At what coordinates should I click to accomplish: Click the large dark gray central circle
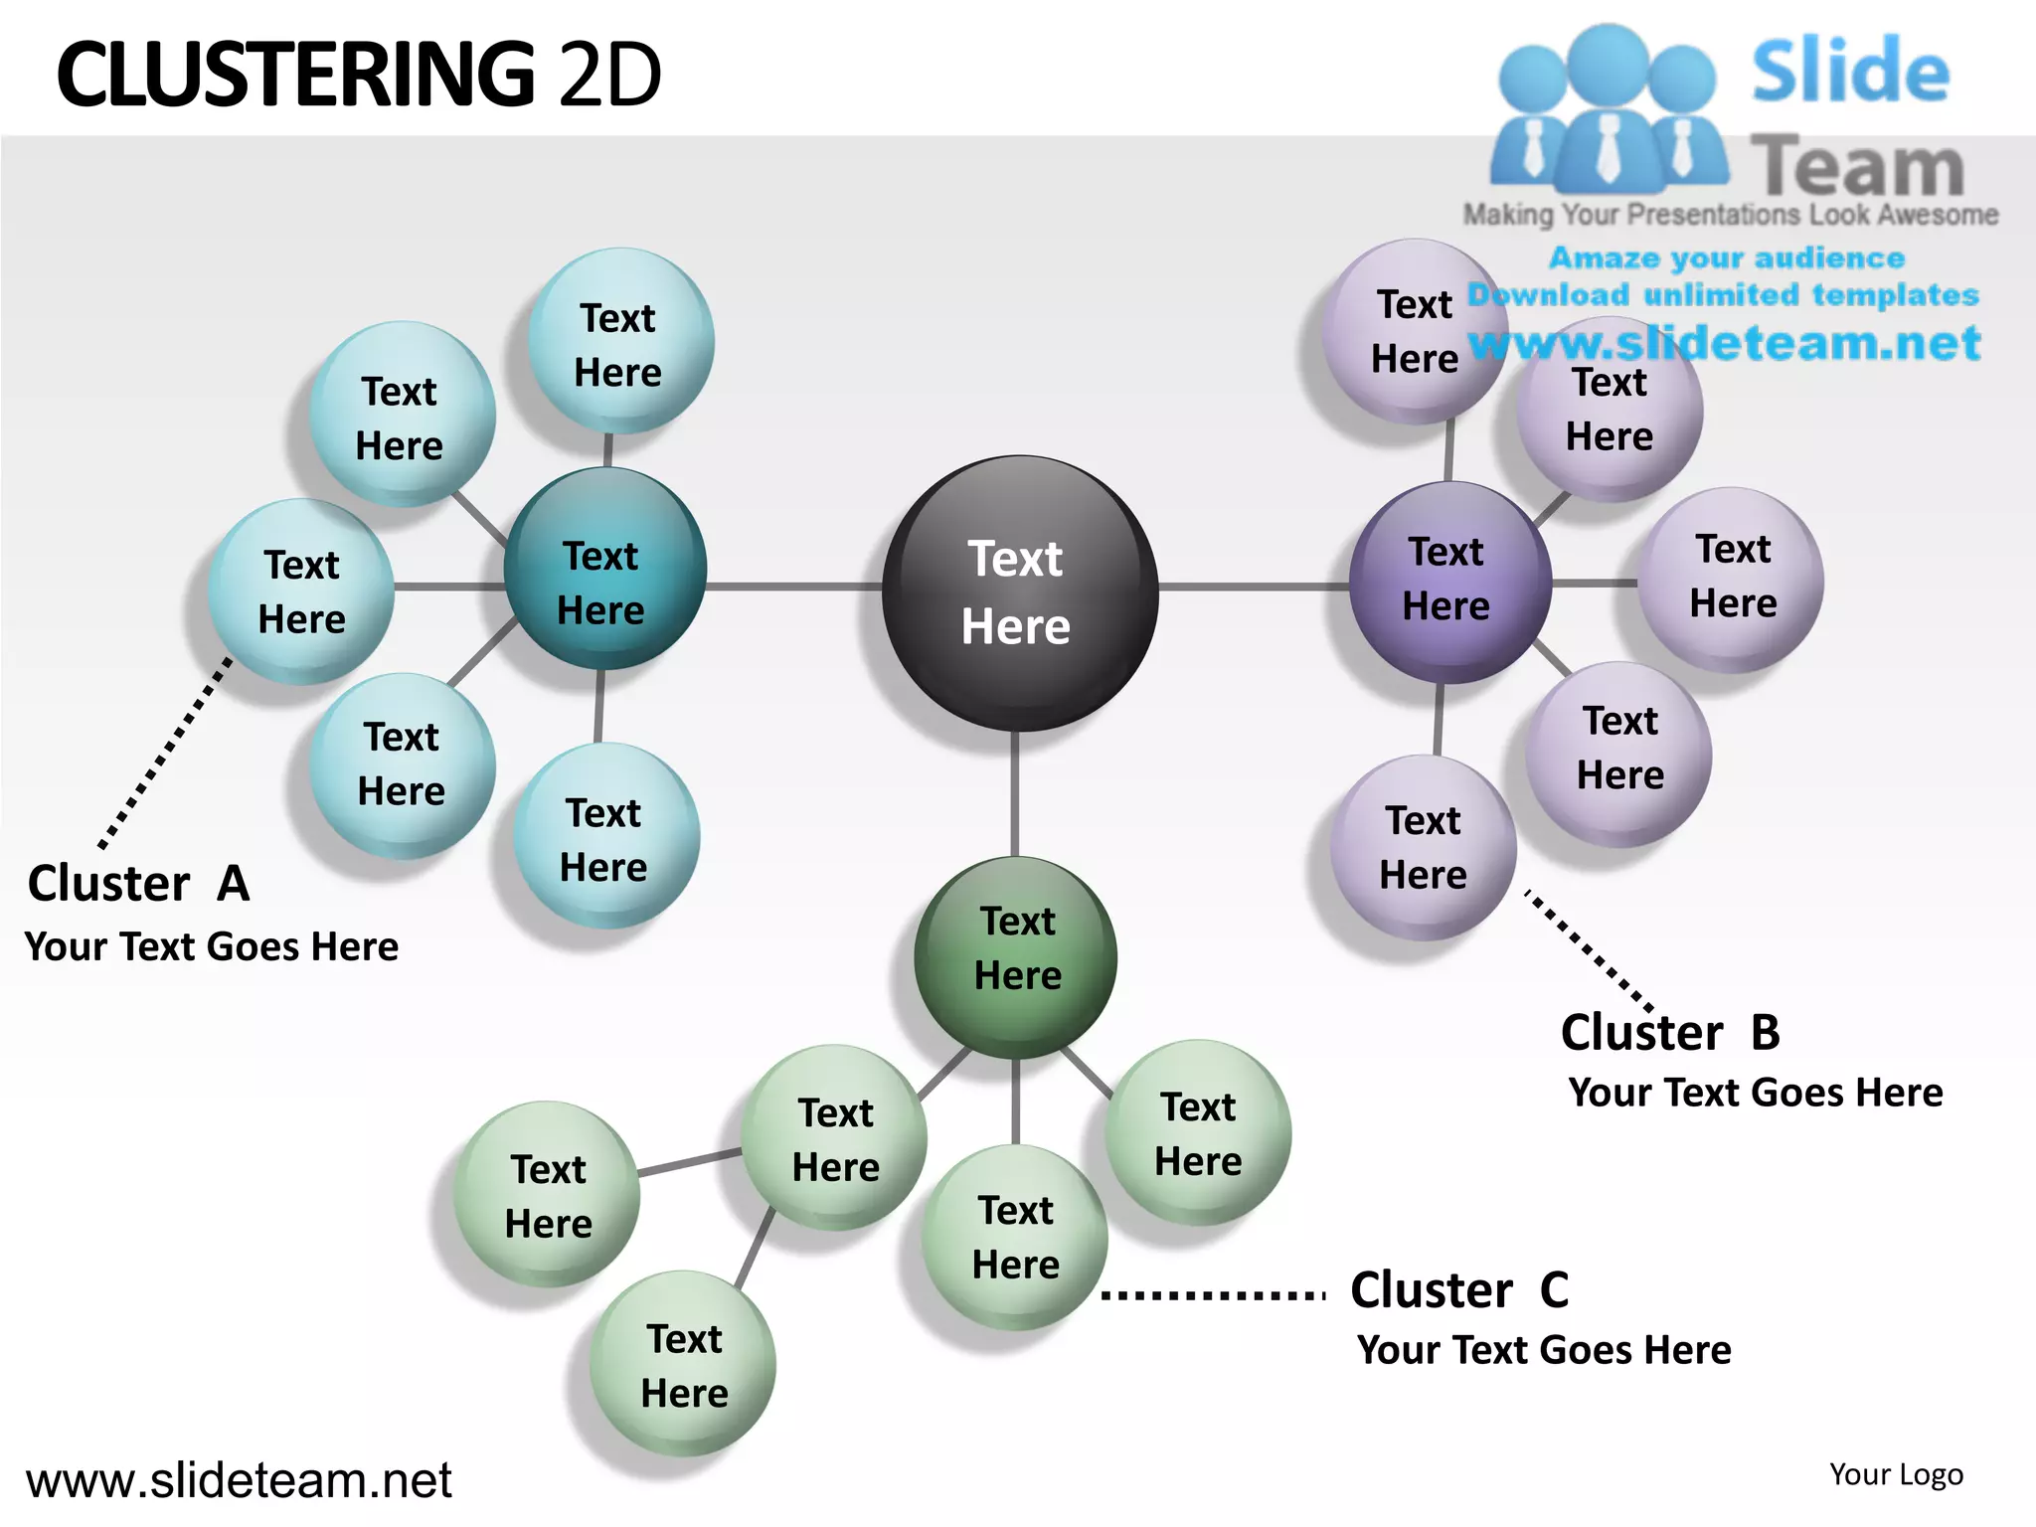[1019, 594]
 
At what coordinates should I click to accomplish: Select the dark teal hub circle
[604, 569]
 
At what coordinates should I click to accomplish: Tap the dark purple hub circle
[1449, 583]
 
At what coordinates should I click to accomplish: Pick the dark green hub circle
[1016, 956]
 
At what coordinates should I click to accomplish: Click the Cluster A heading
[138, 884]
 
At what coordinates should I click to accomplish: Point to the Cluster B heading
[1670, 1032]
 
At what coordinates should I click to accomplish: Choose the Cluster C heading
[1459, 1290]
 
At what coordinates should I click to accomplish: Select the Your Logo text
[1896, 1474]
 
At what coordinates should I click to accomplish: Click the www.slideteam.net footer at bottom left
[239, 1480]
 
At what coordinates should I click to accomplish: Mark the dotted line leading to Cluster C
[1213, 1294]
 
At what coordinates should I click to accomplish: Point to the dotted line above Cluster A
[164, 754]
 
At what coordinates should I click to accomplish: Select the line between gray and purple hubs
[1255, 587]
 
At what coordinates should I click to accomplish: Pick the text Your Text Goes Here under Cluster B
[1756, 1093]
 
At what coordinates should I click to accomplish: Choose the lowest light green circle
[683, 1364]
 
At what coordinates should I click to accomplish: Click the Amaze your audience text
[1727, 258]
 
